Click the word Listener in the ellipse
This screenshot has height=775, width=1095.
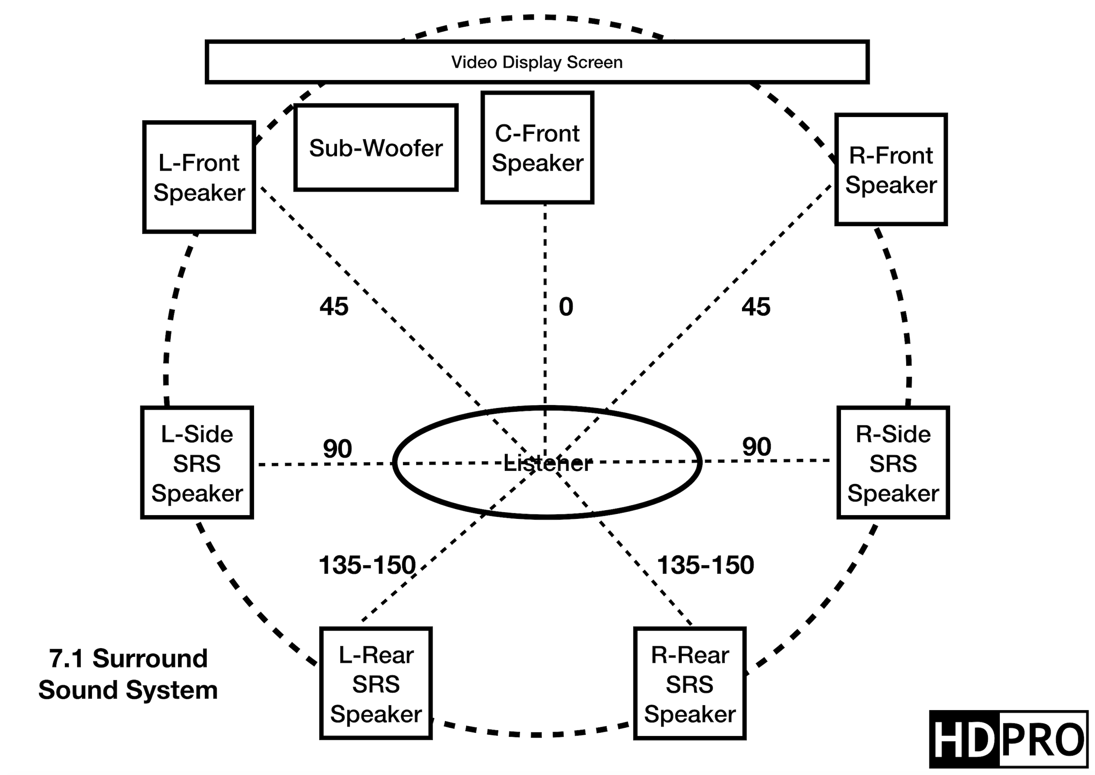pyautogui.click(x=548, y=463)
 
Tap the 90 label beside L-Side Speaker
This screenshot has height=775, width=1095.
pyautogui.click(x=337, y=449)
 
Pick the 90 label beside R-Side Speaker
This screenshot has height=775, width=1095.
pyautogui.click(x=757, y=447)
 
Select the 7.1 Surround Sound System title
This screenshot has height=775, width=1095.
pyautogui.click(x=128, y=674)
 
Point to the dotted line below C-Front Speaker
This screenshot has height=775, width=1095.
pyautogui.click(x=545, y=329)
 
